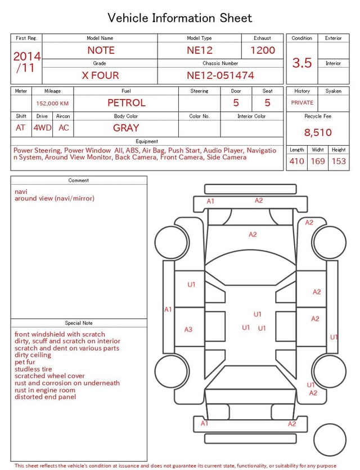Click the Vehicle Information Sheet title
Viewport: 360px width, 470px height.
(x=180, y=18)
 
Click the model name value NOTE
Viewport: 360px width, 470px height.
(x=101, y=50)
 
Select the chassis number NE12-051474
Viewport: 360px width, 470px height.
(x=220, y=75)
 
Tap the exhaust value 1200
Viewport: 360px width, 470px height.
(x=263, y=50)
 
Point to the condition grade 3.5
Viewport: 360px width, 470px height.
(x=302, y=63)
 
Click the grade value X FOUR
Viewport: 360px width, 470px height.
(x=100, y=75)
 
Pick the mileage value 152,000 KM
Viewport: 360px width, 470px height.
(x=52, y=104)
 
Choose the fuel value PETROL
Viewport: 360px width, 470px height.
(x=127, y=103)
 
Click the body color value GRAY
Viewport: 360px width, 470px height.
(x=126, y=128)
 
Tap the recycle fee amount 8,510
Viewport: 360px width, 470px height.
(x=318, y=133)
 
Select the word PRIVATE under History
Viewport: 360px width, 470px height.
(x=302, y=103)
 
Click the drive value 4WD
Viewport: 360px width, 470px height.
(x=42, y=128)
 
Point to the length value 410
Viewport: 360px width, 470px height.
(x=296, y=162)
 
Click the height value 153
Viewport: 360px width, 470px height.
(x=339, y=162)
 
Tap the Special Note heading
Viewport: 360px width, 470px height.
(x=79, y=323)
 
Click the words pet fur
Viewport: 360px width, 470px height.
(x=25, y=362)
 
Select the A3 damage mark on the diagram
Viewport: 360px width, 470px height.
(x=188, y=330)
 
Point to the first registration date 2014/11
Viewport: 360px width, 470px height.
(x=26, y=62)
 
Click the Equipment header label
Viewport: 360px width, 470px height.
(x=147, y=141)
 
